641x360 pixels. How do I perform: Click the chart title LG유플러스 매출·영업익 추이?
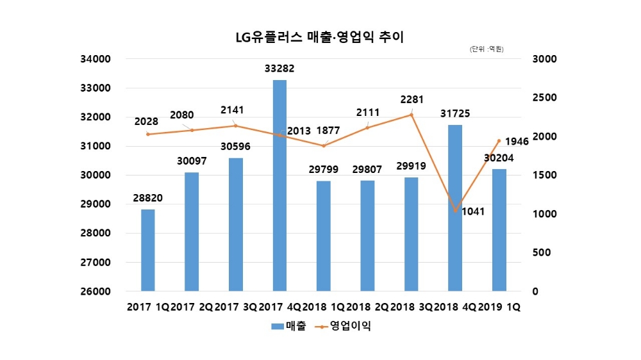320,37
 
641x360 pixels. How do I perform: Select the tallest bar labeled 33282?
279,186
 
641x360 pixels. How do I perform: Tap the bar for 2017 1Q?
148,250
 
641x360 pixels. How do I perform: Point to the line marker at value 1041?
455,211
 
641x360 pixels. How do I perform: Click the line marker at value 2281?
412,115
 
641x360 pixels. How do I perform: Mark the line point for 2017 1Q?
148,134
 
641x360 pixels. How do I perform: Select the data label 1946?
516,142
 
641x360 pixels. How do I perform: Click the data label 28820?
148,198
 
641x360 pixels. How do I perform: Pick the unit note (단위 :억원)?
487,49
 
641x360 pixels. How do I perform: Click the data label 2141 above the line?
235,109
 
